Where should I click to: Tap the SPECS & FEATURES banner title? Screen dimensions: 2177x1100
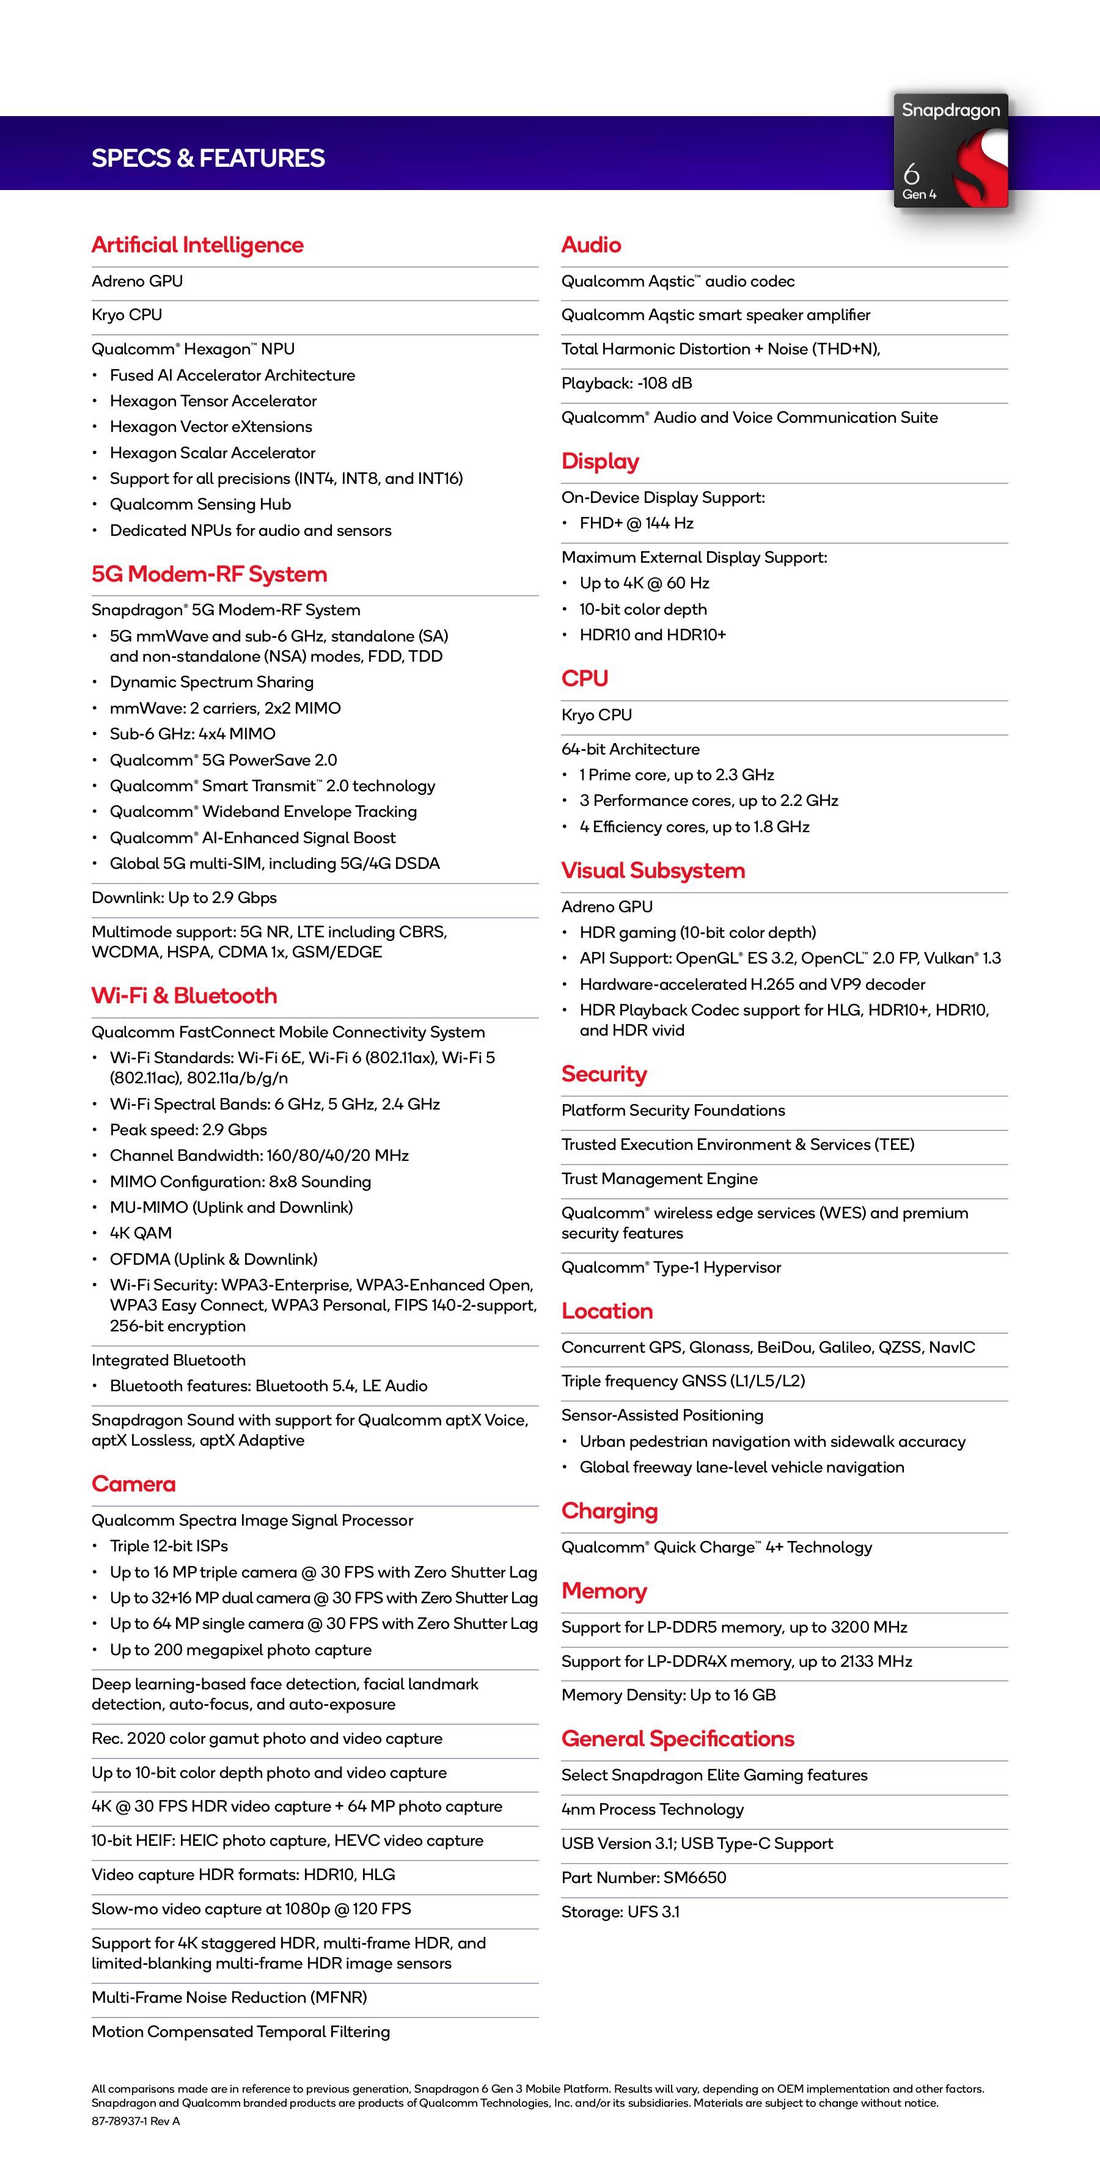[x=208, y=158]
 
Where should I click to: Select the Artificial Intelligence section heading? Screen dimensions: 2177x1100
[x=197, y=245]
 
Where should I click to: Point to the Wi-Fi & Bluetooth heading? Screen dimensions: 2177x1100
[x=185, y=995]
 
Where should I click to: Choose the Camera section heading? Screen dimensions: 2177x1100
[x=134, y=1484]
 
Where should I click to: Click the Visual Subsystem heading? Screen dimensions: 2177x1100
[x=653, y=871]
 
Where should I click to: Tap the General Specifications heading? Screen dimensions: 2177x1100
[x=677, y=1738]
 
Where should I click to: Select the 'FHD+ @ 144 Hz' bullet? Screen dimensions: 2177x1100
[x=636, y=523]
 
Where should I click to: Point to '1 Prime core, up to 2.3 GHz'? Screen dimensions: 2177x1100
[x=676, y=774]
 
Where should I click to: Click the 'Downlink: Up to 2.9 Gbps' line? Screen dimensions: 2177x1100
[x=185, y=898]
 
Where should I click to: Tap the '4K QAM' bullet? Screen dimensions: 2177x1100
[x=141, y=1233]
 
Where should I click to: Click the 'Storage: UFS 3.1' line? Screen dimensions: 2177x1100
[x=620, y=1912]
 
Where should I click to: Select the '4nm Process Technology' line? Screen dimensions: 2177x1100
[x=652, y=1809]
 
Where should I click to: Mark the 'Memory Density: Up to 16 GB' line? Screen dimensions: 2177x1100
[x=668, y=1694]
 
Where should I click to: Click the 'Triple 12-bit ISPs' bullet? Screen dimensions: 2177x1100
[x=168, y=1546]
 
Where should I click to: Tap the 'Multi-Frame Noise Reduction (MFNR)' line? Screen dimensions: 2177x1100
[x=229, y=1997]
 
